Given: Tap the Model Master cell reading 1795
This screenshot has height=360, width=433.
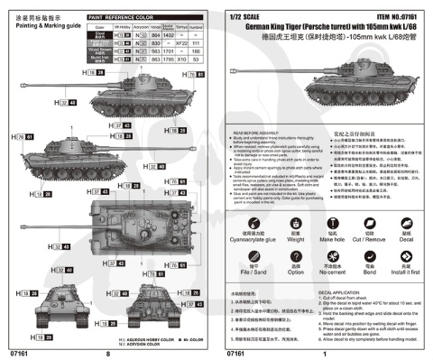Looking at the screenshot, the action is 151,58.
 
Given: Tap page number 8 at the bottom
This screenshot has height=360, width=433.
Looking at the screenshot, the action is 107,352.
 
